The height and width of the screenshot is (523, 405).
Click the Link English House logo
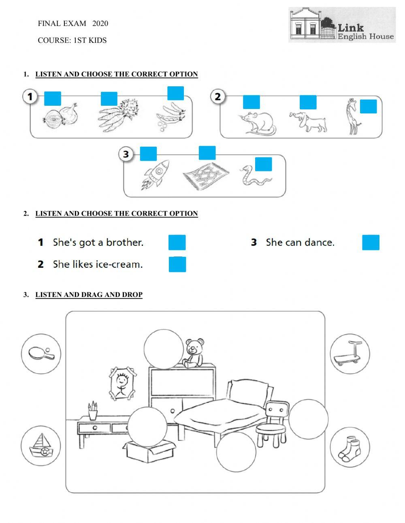coord(342,25)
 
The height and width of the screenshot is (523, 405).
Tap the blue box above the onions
coord(53,98)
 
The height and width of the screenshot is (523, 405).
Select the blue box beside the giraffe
coord(368,107)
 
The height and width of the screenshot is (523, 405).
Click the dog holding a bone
coord(308,122)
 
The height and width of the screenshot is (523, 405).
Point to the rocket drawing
coord(156,175)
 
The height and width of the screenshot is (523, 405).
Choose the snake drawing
coord(255,176)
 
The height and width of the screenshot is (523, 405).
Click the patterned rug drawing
coord(206,176)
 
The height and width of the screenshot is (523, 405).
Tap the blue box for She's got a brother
coord(177,242)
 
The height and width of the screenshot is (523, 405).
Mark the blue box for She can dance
coord(371,242)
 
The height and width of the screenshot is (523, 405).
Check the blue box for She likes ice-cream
coord(177,264)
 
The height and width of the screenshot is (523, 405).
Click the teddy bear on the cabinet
coord(194,353)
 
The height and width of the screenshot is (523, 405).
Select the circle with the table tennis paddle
coord(41,354)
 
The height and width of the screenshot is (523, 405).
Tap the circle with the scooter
coord(350,354)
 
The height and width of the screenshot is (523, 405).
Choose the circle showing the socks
coord(350,447)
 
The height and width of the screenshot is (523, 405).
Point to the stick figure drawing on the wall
coord(122,384)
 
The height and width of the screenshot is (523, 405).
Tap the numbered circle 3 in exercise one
coord(126,154)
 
